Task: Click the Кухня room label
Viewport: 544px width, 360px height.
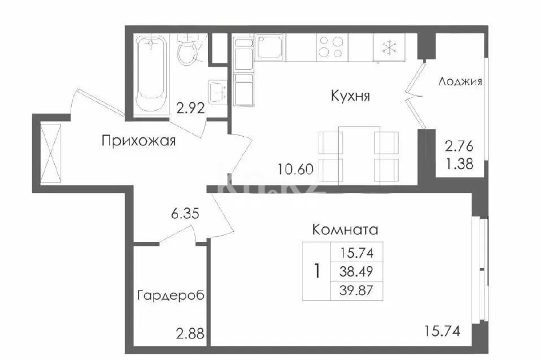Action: click(x=350, y=96)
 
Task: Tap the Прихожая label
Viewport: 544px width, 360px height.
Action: click(x=139, y=141)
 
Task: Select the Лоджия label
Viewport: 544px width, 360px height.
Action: click(x=460, y=81)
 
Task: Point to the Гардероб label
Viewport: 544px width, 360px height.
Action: click(x=170, y=295)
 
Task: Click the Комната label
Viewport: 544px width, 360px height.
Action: click(x=345, y=230)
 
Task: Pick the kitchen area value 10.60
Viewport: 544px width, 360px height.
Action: click(x=296, y=167)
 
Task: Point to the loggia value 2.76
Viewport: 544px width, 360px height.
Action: click(x=458, y=147)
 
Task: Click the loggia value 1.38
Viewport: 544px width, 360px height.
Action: click(x=458, y=165)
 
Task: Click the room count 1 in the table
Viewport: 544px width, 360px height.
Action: click(x=317, y=271)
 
